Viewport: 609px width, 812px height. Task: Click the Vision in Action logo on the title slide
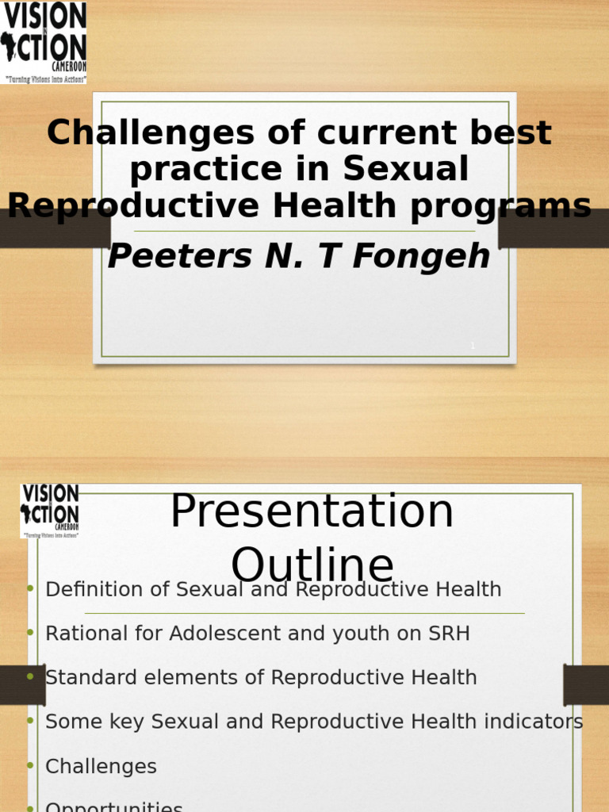(44, 42)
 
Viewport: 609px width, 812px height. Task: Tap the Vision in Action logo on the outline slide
(50, 511)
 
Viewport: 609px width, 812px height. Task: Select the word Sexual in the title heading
(406, 169)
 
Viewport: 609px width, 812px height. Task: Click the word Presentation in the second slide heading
(312, 511)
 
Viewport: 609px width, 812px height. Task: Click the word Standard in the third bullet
(82, 678)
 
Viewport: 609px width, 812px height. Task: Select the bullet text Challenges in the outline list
(101, 767)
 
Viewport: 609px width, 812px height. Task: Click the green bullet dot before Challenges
(30, 765)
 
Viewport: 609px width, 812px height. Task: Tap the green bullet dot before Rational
(30, 632)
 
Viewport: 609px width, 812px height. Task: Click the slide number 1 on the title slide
(473, 346)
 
